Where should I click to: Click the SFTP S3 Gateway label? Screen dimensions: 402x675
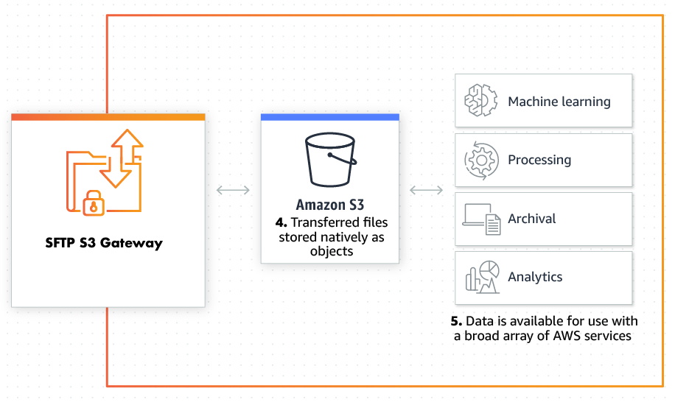coord(104,243)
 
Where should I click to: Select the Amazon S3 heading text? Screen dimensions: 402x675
coord(329,205)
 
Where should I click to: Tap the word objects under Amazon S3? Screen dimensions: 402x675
coord(331,251)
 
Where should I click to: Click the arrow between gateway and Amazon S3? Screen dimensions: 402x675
coord(233,191)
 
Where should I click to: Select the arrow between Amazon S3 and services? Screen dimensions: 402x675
coord(426,191)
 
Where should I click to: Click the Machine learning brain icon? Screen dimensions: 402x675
coord(480,101)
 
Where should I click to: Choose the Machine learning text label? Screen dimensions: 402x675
coord(559,102)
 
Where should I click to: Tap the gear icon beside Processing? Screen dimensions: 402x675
coord(480,160)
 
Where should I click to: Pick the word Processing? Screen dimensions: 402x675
coord(539,160)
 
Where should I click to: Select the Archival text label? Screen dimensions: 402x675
coord(531,219)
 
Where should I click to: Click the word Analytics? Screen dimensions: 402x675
coord(535,278)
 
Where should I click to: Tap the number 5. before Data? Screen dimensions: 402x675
coord(457,322)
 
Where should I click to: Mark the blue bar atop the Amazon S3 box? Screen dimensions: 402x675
coord(329,117)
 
